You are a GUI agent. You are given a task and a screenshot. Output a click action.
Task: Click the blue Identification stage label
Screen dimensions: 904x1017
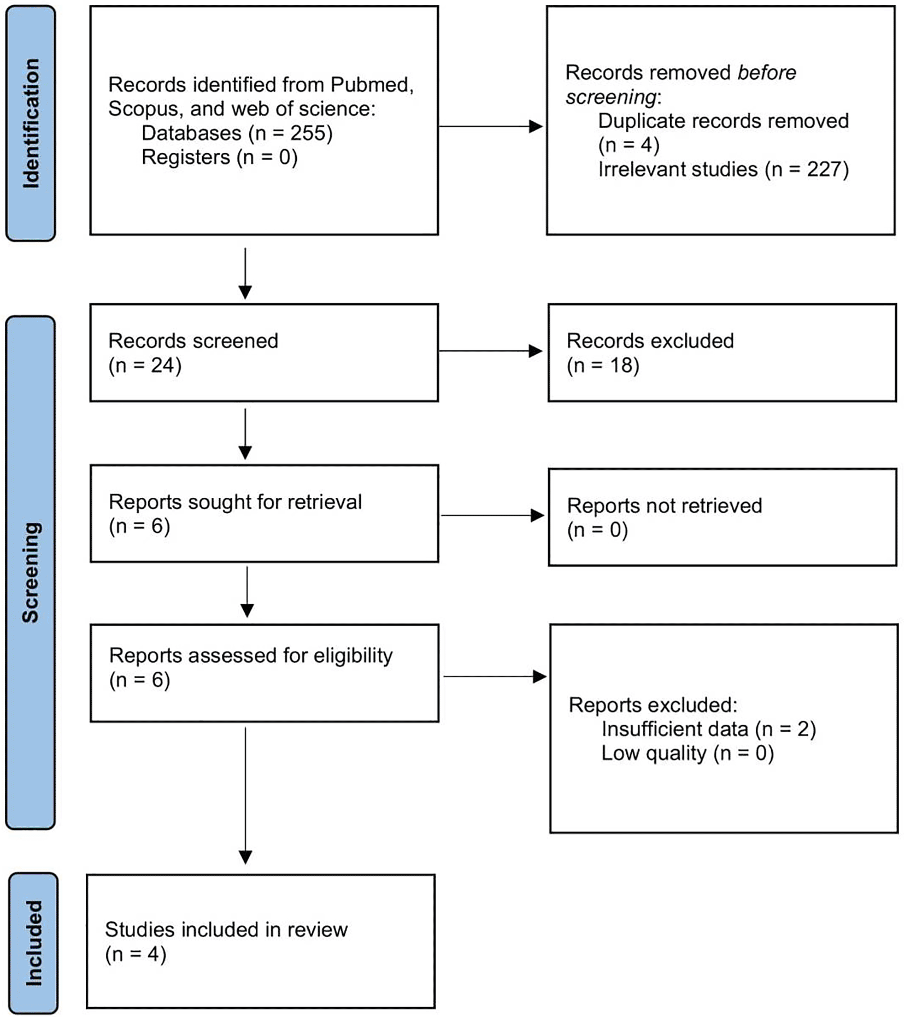coord(31,124)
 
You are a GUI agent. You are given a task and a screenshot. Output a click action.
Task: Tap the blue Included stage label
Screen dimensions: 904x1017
coord(33,943)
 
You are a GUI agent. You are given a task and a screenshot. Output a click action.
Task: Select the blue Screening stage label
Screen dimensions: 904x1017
coord(31,572)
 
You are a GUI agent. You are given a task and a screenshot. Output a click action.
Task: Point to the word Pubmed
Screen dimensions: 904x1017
coord(372,85)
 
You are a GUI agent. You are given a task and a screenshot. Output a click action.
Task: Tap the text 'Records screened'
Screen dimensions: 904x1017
coord(193,340)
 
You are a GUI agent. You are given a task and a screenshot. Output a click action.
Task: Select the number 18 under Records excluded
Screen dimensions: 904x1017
coord(621,365)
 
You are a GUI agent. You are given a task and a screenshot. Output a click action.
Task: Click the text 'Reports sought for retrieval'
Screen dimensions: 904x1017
coord(235,502)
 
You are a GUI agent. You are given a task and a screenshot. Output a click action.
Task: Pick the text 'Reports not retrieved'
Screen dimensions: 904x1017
coord(665,505)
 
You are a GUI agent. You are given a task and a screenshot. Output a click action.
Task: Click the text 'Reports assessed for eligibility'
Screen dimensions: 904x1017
coord(251,655)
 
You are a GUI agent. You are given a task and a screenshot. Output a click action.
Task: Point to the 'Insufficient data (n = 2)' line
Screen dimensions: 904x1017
coord(709,729)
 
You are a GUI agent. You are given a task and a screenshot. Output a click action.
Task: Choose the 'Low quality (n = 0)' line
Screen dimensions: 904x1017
coord(688,753)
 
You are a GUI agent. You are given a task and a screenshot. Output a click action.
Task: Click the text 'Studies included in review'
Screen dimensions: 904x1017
coord(226,930)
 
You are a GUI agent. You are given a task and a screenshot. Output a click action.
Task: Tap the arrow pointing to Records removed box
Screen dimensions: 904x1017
coord(491,127)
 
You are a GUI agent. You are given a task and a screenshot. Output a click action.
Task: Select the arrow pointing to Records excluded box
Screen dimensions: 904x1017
coord(491,351)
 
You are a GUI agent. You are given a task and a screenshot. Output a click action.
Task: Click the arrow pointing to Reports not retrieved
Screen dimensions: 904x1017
coord(492,515)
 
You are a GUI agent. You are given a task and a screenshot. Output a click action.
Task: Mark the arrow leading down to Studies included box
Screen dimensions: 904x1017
coord(245,796)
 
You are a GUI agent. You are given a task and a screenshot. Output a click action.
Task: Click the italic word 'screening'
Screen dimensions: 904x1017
coord(611,97)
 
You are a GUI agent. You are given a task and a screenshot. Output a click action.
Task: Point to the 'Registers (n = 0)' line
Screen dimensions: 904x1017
coord(220,157)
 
